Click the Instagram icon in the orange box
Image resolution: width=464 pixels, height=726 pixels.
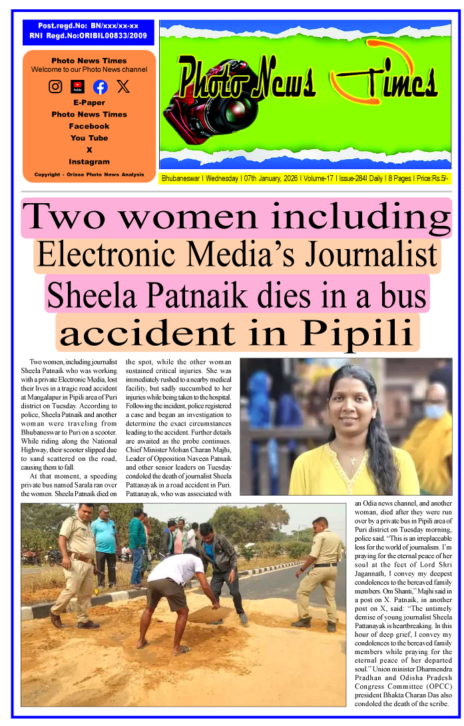[56, 87]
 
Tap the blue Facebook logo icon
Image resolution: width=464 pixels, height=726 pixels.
[100, 87]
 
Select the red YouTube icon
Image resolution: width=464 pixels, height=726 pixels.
[78, 87]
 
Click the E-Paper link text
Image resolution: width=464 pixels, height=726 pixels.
[89, 103]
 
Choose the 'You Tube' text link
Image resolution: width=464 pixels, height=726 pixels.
[89, 138]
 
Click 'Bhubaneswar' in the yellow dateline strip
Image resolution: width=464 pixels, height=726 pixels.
[182, 179]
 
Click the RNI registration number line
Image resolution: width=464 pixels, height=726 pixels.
[89, 35]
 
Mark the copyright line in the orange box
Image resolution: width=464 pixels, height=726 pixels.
[89, 175]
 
